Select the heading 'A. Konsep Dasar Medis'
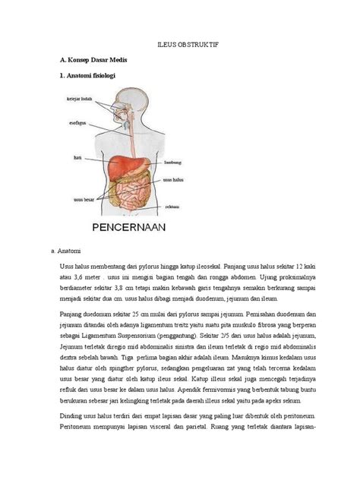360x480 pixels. click(93, 60)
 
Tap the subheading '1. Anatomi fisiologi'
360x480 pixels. click(88, 76)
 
